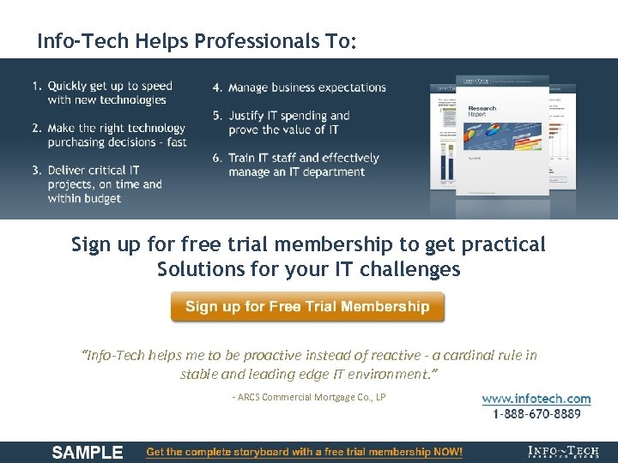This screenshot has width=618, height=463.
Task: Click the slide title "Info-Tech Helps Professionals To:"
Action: [197, 41]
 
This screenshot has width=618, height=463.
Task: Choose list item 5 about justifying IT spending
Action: [288, 123]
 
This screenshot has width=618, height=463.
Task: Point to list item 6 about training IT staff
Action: [303, 165]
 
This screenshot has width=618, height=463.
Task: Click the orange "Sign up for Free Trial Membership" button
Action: [307, 307]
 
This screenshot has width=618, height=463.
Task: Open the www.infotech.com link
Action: [536, 399]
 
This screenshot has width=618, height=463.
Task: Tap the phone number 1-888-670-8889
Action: [536, 414]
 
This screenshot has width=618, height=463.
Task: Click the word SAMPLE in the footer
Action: [88, 452]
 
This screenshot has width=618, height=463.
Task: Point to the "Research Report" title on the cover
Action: [482, 111]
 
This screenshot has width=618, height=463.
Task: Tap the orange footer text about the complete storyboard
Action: [305, 452]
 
